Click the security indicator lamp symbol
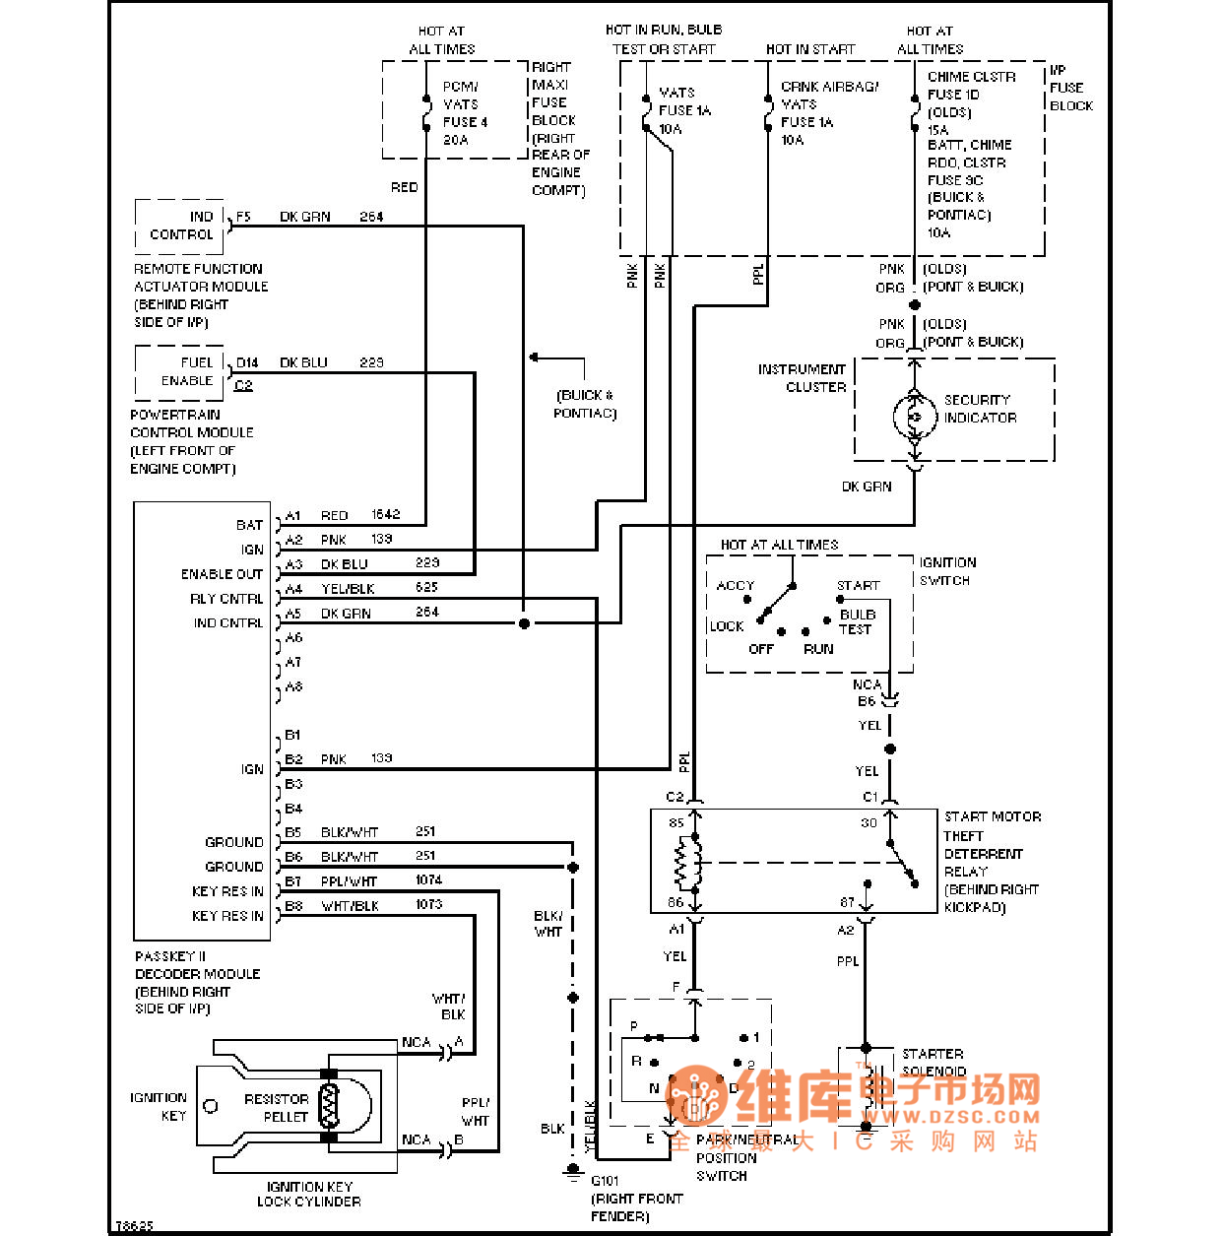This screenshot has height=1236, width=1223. tap(915, 417)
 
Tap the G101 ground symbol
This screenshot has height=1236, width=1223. tap(573, 1172)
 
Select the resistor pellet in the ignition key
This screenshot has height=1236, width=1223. tap(329, 1106)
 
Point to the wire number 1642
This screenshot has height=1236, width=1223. tap(386, 514)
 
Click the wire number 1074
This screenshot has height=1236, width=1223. tap(428, 879)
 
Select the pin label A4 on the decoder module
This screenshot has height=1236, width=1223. tap(293, 589)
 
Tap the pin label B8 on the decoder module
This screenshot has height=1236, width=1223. tap(293, 905)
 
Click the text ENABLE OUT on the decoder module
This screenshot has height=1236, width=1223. tap(222, 574)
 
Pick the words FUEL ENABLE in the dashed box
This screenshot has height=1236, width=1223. tap(188, 371)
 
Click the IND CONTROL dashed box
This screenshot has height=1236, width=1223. tap(180, 226)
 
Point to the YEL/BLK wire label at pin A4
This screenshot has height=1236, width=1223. tap(348, 589)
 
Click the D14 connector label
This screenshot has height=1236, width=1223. tap(247, 362)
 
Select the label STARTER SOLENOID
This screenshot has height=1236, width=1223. tap(933, 1062)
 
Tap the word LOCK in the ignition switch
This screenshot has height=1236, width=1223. tap(727, 626)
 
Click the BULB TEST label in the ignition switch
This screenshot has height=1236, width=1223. tap(857, 621)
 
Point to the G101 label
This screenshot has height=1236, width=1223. tap(605, 1181)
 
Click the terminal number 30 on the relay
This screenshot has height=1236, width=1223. tap(869, 822)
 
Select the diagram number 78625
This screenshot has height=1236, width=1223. tap(134, 1226)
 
